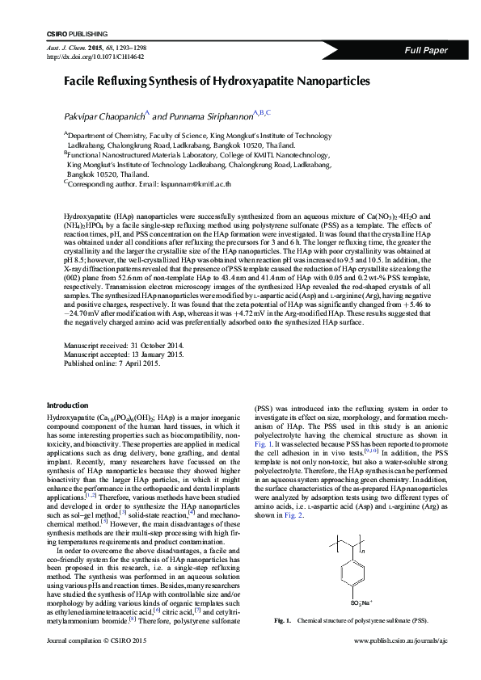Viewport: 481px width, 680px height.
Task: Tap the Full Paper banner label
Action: tap(426, 50)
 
